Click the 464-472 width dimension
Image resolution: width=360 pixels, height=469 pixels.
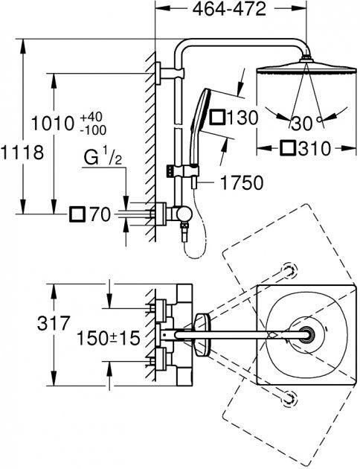[x=229, y=9]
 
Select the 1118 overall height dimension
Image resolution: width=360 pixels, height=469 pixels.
[x=22, y=153]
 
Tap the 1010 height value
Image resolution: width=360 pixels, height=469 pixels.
[x=53, y=124]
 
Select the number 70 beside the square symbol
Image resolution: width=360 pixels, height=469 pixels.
[x=100, y=214]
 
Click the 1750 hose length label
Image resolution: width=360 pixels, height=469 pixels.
[x=242, y=182]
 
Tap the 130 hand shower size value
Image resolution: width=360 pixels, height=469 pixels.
[x=242, y=118]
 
